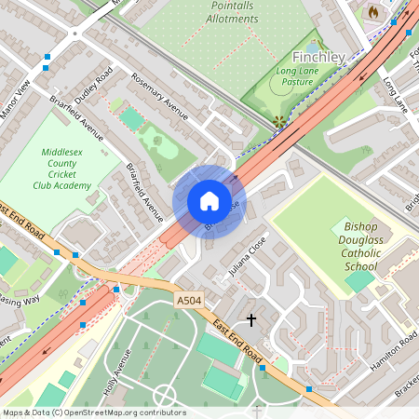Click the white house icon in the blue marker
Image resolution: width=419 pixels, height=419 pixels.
click(209, 201)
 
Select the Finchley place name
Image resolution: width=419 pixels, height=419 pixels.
click(319, 57)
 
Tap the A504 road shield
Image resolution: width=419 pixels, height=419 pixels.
click(187, 300)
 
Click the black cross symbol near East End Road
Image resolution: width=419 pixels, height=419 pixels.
click(250, 319)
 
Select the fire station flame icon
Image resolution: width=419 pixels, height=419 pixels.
click(374, 12)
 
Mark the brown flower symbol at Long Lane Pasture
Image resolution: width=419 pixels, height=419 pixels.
click(278, 120)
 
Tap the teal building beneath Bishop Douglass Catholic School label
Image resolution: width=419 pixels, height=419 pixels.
click(360, 280)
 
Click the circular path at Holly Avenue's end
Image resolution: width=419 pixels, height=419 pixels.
click(165, 395)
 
